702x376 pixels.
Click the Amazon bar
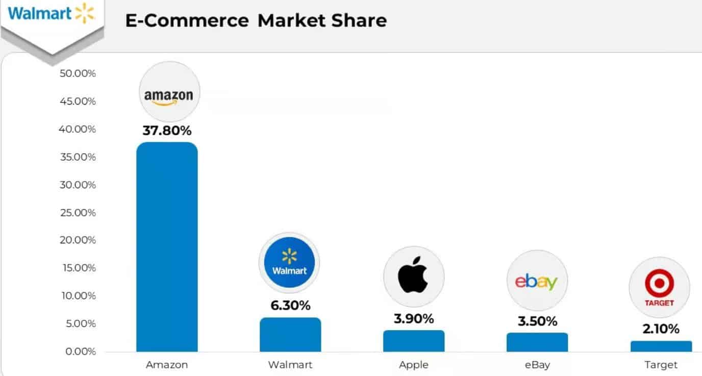pyautogui.click(x=167, y=247)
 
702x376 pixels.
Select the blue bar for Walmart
pyautogui.click(x=290, y=335)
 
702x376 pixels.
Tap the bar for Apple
pyautogui.click(x=414, y=341)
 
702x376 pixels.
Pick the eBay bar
pyautogui.click(x=537, y=342)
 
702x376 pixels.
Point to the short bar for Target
pyautogui.click(x=661, y=346)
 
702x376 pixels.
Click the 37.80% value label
pyautogui.click(x=167, y=131)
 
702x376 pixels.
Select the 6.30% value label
pyautogui.click(x=290, y=306)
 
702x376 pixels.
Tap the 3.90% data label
pyautogui.click(x=414, y=319)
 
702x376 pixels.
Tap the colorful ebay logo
pyautogui.click(x=537, y=281)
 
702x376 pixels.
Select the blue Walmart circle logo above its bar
pyautogui.click(x=289, y=263)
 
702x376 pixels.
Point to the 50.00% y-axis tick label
pyautogui.click(x=78, y=73)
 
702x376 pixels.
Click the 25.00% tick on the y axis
pyautogui.click(x=78, y=212)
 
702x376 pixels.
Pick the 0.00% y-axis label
pyautogui.click(x=80, y=352)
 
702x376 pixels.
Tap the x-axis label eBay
pyautogui.click(x=537, y=365)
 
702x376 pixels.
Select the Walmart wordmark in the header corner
pyautogui.click(x=40, y=13)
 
